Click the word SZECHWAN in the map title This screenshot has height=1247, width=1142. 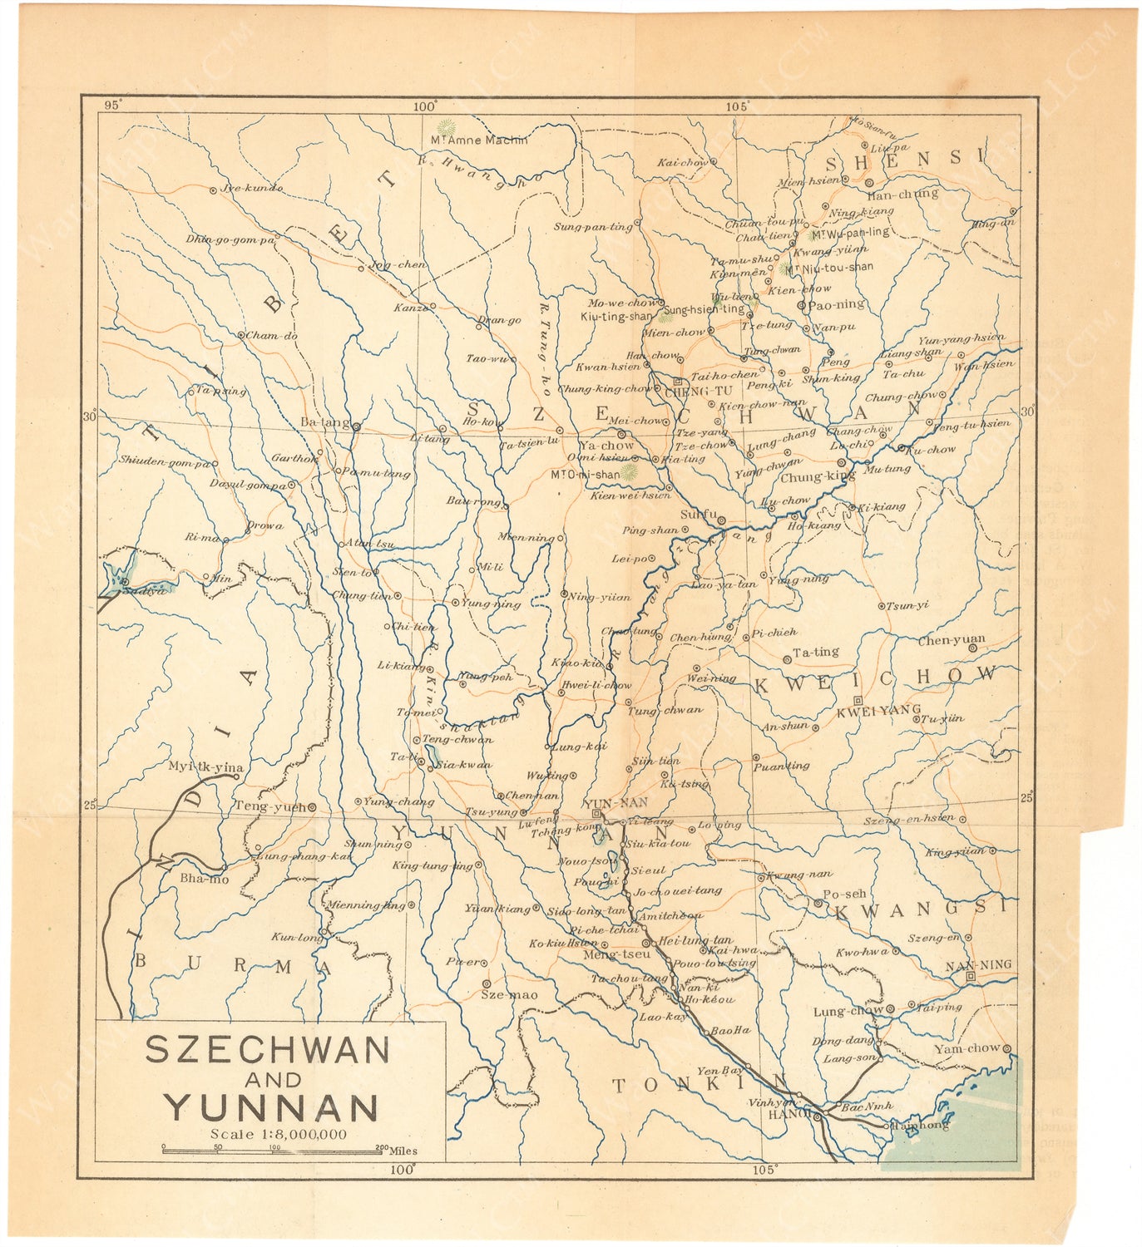point(267,1050)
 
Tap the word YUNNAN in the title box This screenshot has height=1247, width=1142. point(270,1107)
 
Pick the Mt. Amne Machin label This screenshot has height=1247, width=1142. point(478,140)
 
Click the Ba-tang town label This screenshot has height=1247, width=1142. point(324,422)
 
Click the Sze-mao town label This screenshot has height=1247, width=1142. point(510,995)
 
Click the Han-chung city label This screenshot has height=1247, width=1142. point(902,195)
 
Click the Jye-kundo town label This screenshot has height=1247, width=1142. point(251,188)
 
